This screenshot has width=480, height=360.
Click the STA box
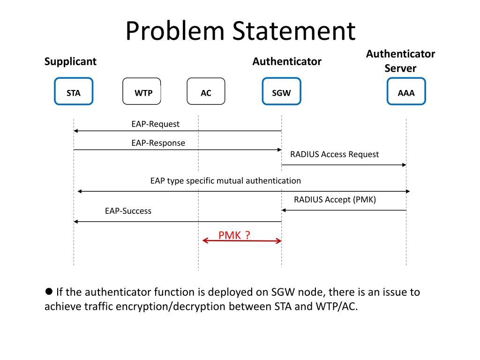(74, 91)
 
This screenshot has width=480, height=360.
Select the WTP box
(142, 91)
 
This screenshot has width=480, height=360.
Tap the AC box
(206, 91)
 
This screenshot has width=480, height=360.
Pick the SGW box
(282, 91)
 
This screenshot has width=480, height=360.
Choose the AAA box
(406, 91)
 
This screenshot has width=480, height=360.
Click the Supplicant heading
(70, 62)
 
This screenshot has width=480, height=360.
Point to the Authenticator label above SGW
(287, 61)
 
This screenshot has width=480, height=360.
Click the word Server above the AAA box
(400, 68)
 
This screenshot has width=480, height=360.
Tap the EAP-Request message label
(155, 124)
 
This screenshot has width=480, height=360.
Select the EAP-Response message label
(158, 143)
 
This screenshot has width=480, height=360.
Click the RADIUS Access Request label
(334, 154)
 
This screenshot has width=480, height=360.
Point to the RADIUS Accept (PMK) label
(335, 200)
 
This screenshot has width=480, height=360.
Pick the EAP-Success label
(128, 211)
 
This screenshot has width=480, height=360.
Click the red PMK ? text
(234, 235)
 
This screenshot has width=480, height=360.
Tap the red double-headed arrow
(242, 241)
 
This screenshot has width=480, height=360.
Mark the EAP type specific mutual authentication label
(225, 180)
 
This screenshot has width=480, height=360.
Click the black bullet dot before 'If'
(49, 291)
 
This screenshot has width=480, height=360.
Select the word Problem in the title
(175, 31)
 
